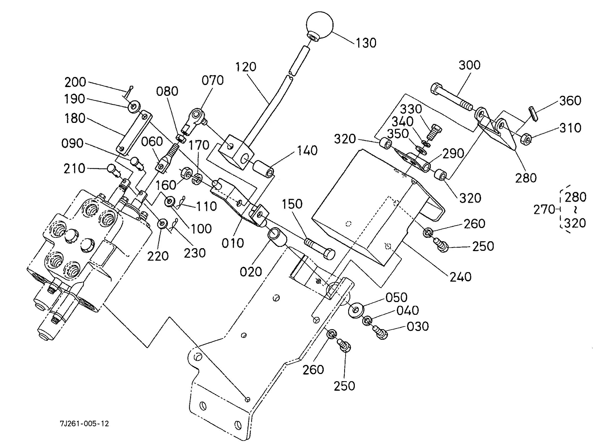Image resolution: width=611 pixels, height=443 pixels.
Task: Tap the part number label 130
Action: [x=366, y=43]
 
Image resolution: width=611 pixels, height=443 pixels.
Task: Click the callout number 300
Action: [x=470, y=65]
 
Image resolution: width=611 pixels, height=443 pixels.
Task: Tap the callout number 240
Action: [x=461, y=277]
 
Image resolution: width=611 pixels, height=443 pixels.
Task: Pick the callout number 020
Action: [x=251, y=272]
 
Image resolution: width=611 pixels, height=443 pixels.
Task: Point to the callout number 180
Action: [x=75, y=118]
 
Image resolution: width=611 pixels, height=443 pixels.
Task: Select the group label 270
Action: [x=544, y=209]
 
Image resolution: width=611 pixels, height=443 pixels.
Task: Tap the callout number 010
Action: [x=233, y=243]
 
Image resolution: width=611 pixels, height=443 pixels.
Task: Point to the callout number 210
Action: [x=74, y=169]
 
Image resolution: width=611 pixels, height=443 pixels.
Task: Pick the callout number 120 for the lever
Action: [x=246, y=67]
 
